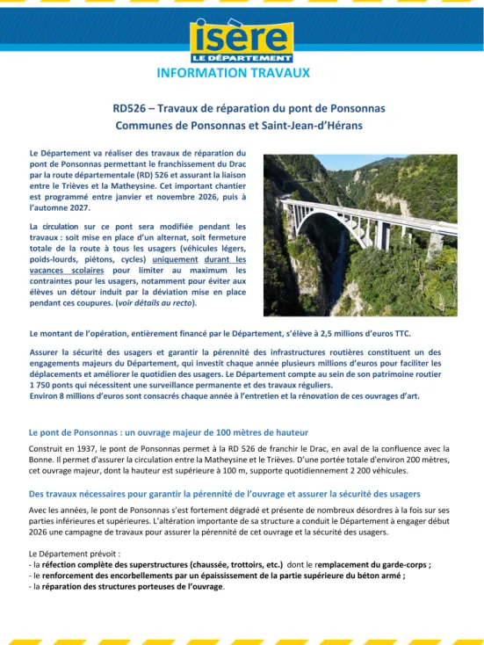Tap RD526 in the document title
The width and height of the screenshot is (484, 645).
point(130,109)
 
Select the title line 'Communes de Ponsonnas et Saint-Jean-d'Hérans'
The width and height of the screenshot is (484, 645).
point(237,126)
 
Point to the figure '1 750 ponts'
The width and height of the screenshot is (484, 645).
point(56,385)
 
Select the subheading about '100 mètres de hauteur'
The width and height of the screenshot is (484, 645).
point(168,432)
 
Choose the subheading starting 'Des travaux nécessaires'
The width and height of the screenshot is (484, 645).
point(224,494)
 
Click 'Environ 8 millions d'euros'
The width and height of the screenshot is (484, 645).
point(83,395)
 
